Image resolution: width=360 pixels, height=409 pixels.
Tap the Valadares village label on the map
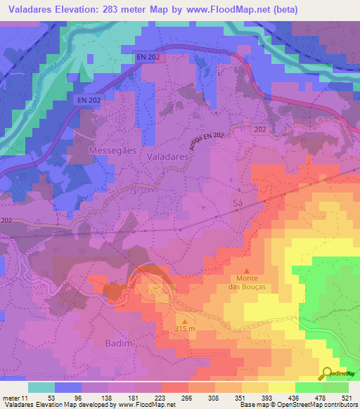point(167,159)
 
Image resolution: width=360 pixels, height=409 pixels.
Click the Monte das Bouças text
point(246,281)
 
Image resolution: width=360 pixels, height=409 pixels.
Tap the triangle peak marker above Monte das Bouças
point(246,271)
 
